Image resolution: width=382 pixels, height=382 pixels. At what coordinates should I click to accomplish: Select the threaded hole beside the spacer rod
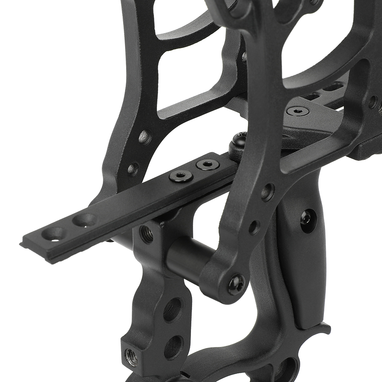click(x=146, y=234)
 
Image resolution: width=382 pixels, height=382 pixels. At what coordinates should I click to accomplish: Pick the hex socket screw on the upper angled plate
click(x=298, y=111)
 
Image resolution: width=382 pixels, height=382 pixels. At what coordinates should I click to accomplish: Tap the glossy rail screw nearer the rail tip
click(x=180, y=176)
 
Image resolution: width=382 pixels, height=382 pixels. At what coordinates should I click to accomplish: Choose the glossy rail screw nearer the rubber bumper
click(x=207, y=165)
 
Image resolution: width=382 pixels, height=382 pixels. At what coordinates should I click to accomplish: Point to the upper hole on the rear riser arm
click(x=145, y=137)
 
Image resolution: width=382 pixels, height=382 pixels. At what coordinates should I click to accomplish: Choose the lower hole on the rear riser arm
click(x=133, y=168)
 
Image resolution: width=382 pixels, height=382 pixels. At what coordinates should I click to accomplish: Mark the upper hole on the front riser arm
click(x=267, y=192)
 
